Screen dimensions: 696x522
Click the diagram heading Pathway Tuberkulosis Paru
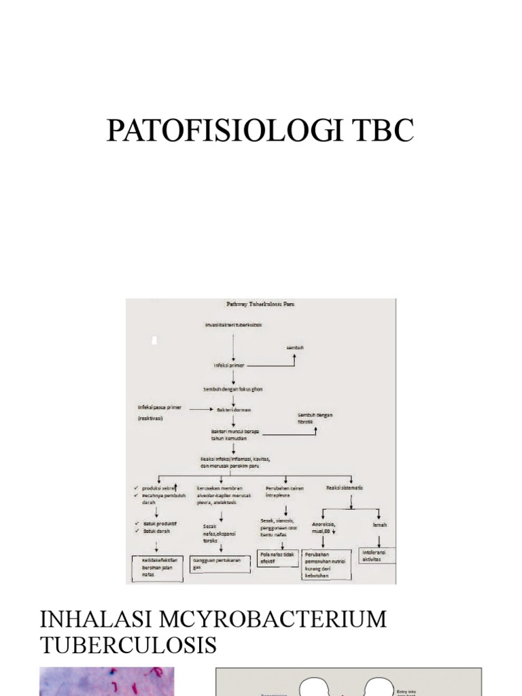(260, 304)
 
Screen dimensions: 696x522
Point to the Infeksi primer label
(228, 365)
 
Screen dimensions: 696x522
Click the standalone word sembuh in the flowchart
(294, 347)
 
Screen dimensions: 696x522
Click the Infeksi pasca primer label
(160, 407)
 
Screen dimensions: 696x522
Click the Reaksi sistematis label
(345, 488)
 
